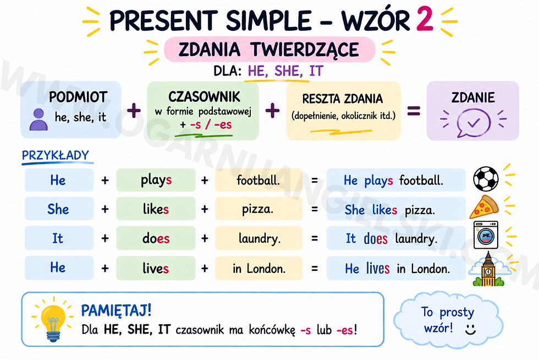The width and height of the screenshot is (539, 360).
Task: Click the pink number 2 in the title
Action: pyautogui.click(x=424, y=19)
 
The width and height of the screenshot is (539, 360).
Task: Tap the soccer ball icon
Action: pyautogui.click(x=486, y=179)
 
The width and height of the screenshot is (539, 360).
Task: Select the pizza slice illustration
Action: pyautogui.click(x=483, y=207)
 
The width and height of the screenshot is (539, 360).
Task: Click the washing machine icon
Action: pyautogui.click(x=486, y=236)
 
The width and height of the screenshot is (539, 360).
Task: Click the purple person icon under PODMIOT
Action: pyautogui.click(x=38, y=119)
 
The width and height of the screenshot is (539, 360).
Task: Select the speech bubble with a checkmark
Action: pyautogui.click(x=474, y=123)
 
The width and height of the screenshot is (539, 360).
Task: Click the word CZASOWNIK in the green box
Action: pyautogui.click(x=204, y=97)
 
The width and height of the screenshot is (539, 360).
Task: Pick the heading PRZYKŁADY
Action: pyautogui.click(x=56, y=155)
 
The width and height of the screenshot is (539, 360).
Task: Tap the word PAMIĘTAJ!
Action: pyautogui.click(x=116, y=310)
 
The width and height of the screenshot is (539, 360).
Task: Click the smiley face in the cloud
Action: pyautogui.click(x=470, y=329)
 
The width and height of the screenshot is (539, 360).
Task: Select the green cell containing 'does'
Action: pyautogui.click(x=156, y=238)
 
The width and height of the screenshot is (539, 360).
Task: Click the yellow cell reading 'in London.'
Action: pyautogui.click(x=258, y=268)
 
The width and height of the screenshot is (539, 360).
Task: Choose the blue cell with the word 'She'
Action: pyautogui.click(x=59, y=209)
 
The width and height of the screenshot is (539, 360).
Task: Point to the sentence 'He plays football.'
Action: pyautogui.click(x=393, y=180)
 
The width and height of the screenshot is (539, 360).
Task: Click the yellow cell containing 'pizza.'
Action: pyautogui.click(x=258, y=209)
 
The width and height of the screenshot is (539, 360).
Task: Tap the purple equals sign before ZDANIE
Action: pyautogui.click(x=414, y=111)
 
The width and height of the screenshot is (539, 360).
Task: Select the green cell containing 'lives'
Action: pyautogui.click(x=156, y=268)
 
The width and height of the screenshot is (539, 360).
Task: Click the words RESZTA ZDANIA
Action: pyautogui.click(x=342, y=99)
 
